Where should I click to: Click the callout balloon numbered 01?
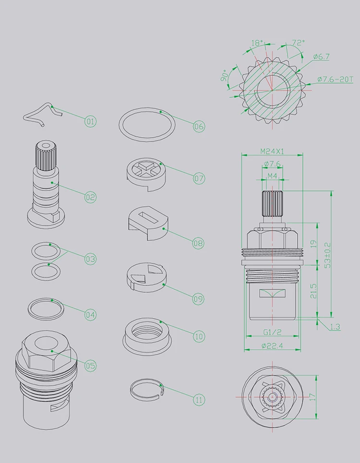[x=90, y=121]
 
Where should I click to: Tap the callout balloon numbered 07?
[x=199, y=178]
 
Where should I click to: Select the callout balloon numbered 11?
[x=199, y=400]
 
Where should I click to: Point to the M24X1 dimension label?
[x=272, y=151]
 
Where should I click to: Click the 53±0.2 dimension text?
[x=327, y=255]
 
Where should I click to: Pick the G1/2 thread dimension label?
[x=272, y=332]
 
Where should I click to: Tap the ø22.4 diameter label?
[x=272, y=345]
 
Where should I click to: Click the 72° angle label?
[x=298, y=43]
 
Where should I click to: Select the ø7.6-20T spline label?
[x=335, y=79]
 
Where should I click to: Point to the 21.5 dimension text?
[x=313, y=291]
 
